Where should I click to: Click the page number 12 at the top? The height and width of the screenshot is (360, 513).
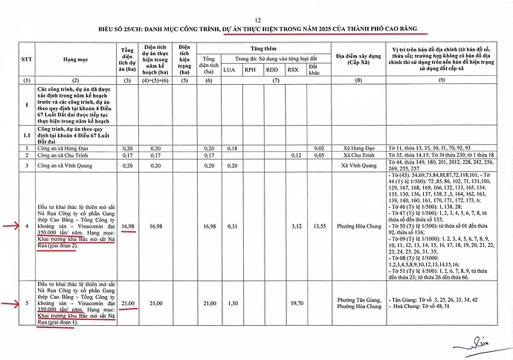click(x=258, y=19)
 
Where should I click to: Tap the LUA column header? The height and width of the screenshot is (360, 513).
click(x=231, y=70)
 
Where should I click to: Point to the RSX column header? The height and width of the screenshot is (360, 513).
click(x=294, y=70)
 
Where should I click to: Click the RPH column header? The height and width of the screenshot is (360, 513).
click(x=252, y=70)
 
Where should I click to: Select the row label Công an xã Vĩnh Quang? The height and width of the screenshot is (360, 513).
click(x=64, y=164)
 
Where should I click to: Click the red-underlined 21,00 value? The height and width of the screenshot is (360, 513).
click(x=129, y=303)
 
